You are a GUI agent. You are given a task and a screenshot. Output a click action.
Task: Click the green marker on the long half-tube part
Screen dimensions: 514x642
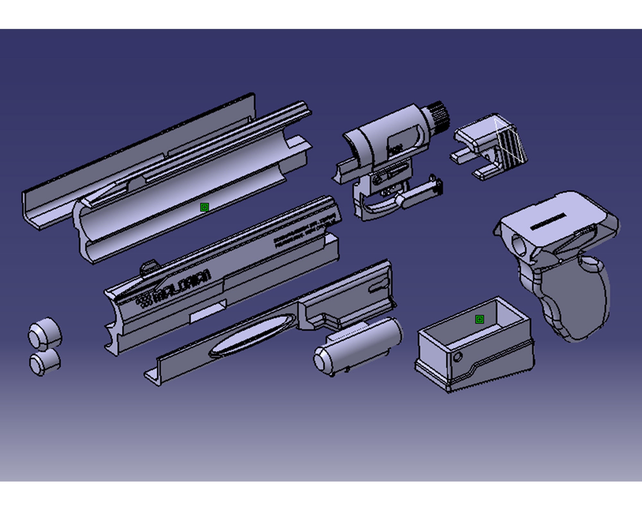204,207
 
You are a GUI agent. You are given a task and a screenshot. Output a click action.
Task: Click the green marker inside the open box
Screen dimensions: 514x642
480,319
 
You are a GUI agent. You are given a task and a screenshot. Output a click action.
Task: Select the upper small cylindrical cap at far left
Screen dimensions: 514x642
45,334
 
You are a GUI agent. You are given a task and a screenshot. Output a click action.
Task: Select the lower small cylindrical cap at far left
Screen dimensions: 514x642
45,362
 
